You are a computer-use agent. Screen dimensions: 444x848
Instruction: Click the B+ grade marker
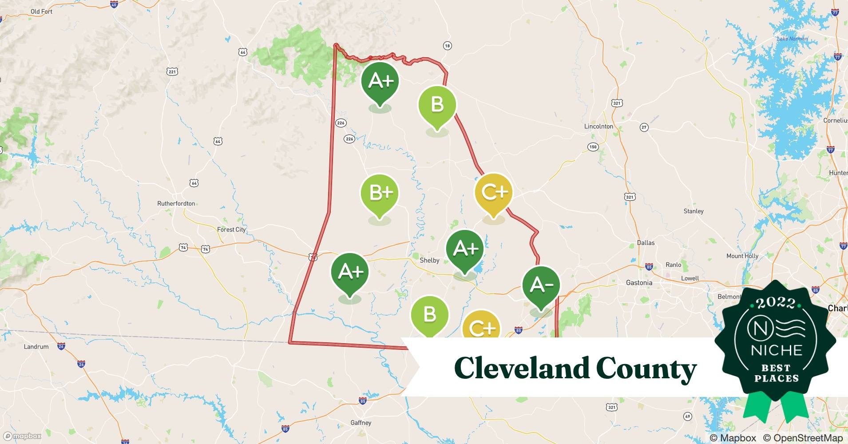(380, 193)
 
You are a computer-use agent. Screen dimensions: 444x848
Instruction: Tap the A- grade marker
(541, 285)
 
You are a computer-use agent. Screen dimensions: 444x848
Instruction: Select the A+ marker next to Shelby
(464, 249)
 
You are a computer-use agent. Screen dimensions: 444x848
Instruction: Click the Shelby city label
(429, 261)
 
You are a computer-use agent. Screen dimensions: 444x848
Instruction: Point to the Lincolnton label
(598, 127)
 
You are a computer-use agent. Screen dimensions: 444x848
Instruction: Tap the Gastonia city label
(639, 283)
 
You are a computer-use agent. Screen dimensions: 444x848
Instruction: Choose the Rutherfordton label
(176, 204)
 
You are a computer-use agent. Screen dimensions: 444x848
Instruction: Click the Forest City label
(231, 230)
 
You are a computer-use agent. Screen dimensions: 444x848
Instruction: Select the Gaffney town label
(361, 423)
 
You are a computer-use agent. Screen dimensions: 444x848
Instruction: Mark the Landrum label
(36, 347)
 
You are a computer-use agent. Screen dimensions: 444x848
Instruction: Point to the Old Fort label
(41, 12)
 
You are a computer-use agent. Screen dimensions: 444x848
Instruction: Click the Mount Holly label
(742, 256)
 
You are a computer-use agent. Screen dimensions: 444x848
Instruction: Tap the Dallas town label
(646, 243)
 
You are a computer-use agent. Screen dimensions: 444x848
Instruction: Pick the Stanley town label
(693, 211)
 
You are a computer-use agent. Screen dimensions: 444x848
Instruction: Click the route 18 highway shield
(447, 46)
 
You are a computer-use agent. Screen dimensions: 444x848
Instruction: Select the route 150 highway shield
(593, 147)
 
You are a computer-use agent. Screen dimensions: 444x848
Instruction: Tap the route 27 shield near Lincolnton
(644, 127)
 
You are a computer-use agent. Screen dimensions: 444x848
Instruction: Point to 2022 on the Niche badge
(776, 303)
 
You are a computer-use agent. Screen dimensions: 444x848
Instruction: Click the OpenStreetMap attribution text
(803, 438)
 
